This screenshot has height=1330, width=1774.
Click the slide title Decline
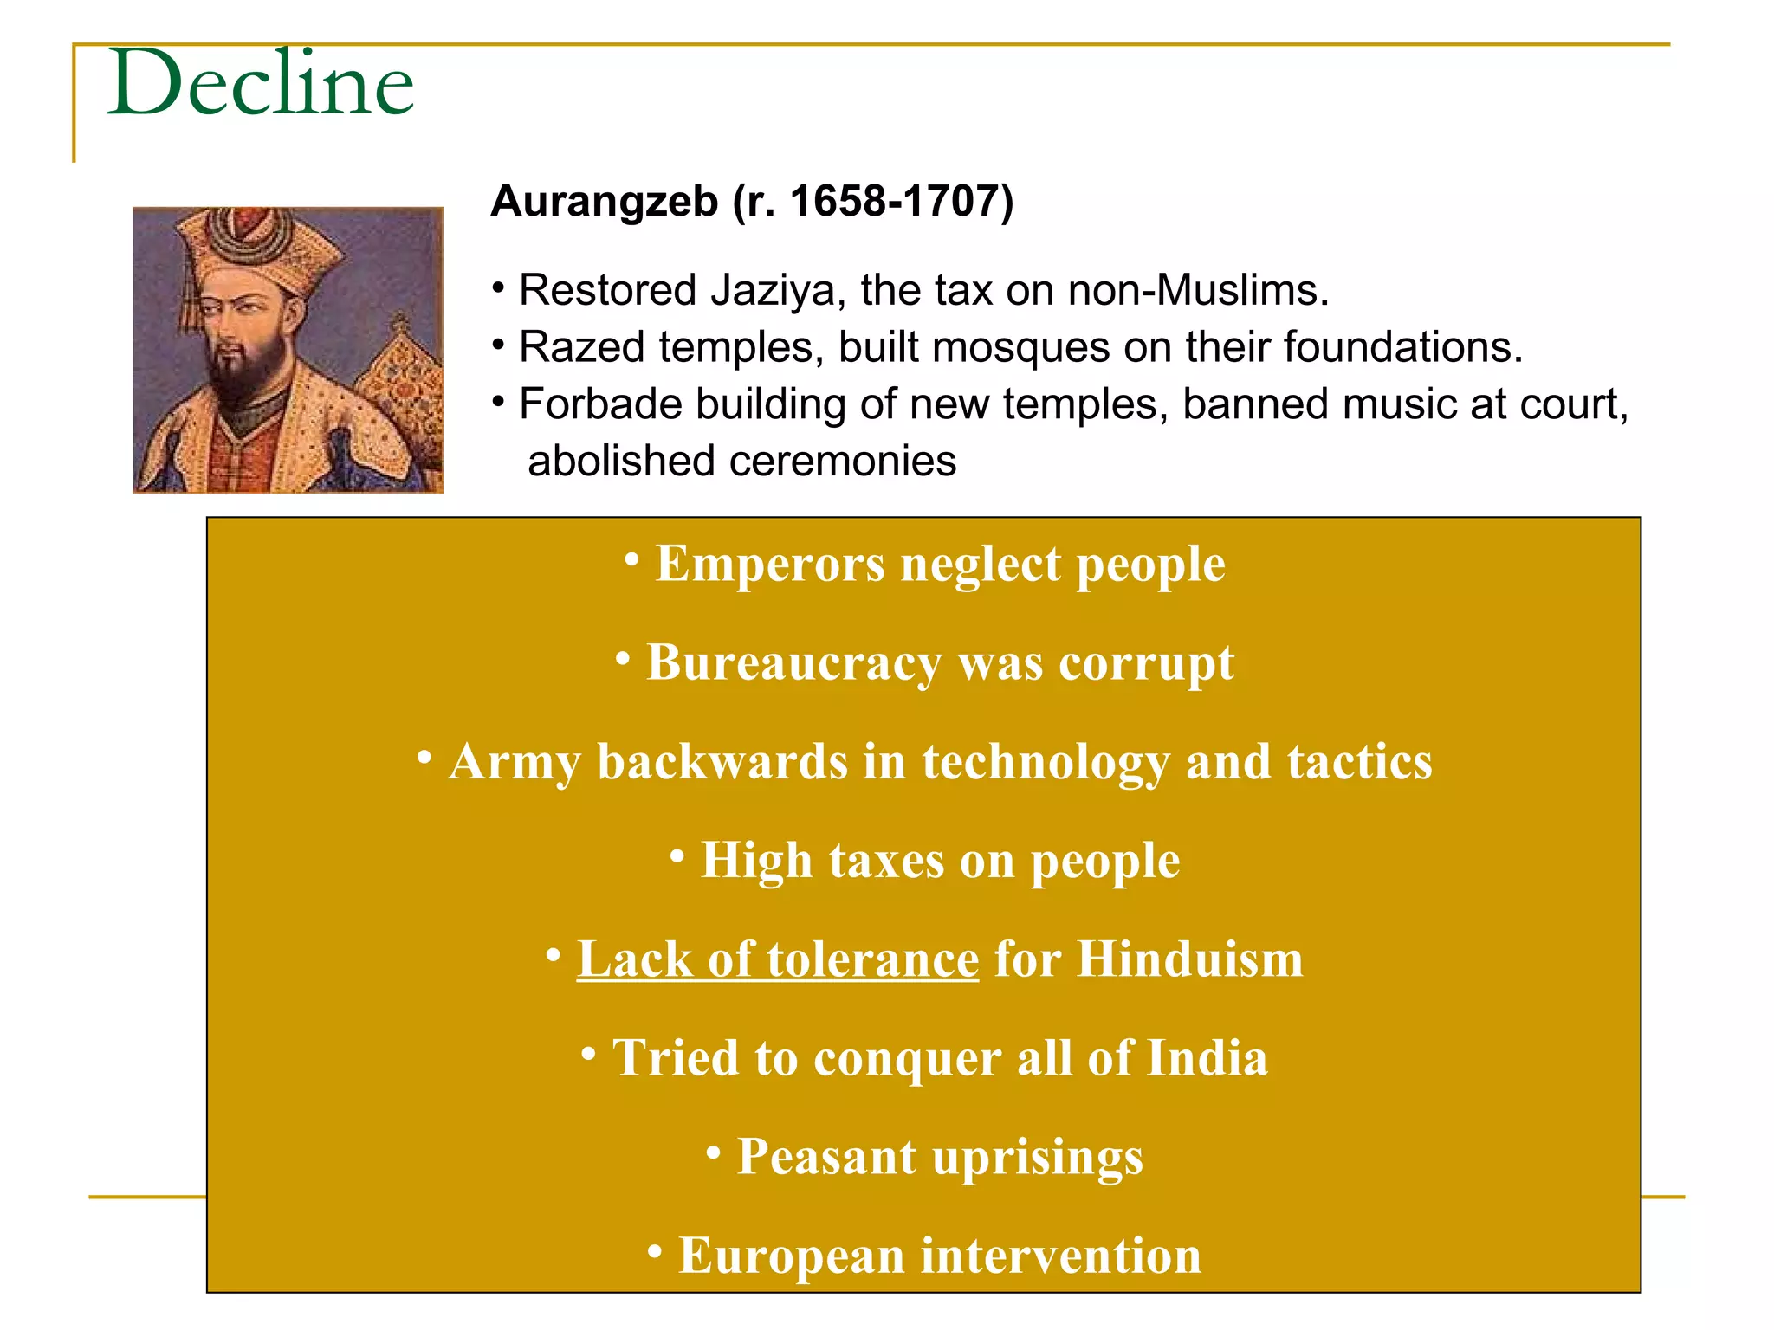261,83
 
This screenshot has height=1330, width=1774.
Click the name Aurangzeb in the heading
604,202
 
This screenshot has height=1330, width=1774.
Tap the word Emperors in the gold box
770,565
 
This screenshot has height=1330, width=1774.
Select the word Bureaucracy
793,664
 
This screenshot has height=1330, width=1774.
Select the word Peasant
826,1158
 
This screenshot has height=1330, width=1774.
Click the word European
791,1256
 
